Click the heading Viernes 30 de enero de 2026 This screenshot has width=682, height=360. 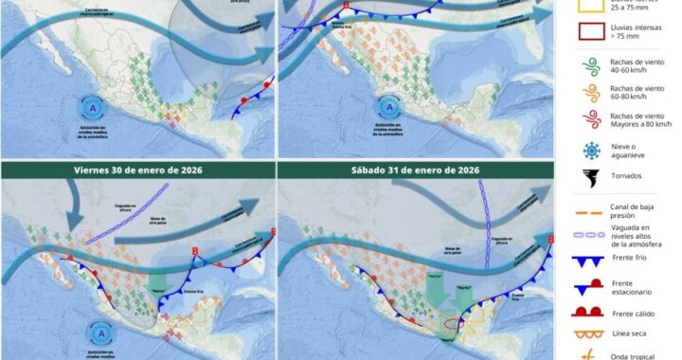click(137, 170)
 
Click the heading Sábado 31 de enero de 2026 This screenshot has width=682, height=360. click(415, 170)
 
